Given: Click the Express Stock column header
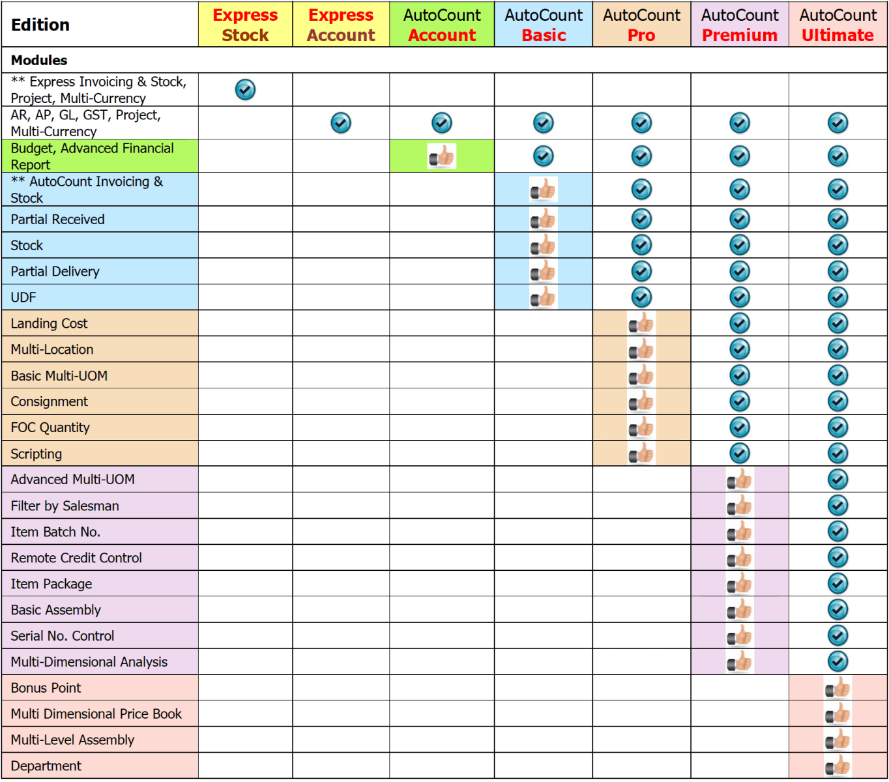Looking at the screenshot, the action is pos(245,25).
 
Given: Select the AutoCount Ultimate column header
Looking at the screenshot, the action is pos(838,25).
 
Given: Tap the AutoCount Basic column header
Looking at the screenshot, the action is pos(544,25).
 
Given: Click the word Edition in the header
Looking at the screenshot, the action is pos(40,25).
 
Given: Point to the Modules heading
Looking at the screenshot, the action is pos(39,60).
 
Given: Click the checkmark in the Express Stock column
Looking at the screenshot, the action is pos(245,89).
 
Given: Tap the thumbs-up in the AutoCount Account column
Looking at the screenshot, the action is pos(442,156).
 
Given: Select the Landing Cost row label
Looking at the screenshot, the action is pos(49,323).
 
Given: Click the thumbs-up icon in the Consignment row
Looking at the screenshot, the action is pos(641,401).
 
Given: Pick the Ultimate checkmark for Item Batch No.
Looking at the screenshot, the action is pos(838,531).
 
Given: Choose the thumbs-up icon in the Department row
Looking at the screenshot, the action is pos(838,766).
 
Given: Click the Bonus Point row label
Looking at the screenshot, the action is pos(46,688).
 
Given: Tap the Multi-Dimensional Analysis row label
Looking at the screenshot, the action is pos(89,661).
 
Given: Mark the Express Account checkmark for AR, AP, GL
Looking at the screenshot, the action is pos(341,123).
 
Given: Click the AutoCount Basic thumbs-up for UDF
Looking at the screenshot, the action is pos(544,298).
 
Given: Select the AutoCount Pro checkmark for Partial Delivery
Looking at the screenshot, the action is pos(641,271).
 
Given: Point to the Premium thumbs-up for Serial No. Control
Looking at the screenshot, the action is pos(740,635).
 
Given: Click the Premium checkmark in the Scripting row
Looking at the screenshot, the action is pos(740,453).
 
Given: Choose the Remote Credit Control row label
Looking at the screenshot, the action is pos(76,558).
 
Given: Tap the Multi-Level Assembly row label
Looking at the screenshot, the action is pos(72,740).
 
